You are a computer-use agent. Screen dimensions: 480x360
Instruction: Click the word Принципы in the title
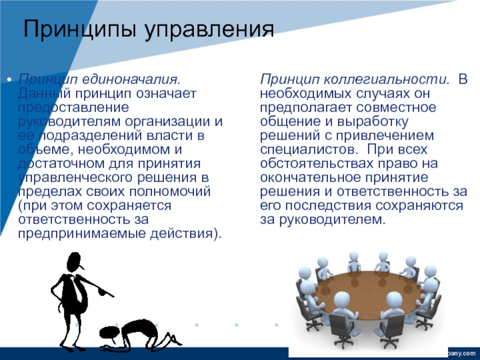(80, 29)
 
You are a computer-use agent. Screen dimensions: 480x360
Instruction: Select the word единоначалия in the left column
(131, 80)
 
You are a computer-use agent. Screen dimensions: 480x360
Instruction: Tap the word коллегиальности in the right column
(386, 80)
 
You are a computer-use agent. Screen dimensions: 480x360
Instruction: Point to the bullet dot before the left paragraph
(10, 80)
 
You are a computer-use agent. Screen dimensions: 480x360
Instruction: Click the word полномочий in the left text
(170, 192)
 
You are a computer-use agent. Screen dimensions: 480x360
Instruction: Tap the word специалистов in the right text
(308, 149)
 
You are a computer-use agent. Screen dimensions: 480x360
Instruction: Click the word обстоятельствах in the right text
(317, 164)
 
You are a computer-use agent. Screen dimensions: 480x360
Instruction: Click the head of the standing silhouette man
(74, 262)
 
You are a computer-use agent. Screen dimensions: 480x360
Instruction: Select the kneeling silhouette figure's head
(108, 334)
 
